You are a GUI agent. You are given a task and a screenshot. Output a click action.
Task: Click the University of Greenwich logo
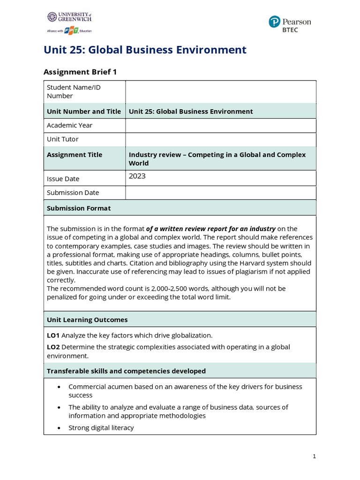point(69,22)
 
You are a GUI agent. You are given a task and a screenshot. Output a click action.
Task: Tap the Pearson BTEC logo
point(290,24)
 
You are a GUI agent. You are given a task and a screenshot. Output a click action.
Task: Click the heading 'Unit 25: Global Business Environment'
point(145,50)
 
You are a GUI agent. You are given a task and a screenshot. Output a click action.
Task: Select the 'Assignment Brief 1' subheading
point(80,72)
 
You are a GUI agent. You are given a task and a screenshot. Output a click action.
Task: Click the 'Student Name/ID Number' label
point(74,91)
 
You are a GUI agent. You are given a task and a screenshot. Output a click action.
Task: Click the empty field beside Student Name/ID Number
point(220,91)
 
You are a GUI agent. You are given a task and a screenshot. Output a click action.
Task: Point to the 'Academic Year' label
point(69,125)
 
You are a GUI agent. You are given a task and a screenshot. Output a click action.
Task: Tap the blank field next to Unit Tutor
point(220,139)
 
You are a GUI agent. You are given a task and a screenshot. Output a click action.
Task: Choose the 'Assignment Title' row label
point(75,155)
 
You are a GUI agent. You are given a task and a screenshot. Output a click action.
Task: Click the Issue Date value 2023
point(137,176)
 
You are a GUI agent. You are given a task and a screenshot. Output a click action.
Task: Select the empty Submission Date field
point(220,193)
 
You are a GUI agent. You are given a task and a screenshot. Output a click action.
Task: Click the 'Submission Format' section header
point(79,208)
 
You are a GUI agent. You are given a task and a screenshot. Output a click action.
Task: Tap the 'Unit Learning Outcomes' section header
point(87,320)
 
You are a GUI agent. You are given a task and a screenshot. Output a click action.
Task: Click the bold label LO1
point(53,335)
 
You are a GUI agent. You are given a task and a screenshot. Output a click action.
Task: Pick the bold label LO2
point(53,347)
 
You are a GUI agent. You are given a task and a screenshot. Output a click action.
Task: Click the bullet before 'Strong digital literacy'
point(58,428)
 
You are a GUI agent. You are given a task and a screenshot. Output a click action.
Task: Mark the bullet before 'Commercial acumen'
point(58,387)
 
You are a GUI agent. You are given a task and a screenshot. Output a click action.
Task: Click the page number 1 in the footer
point(314,456)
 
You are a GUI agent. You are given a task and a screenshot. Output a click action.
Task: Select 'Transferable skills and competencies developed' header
point(126,371)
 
